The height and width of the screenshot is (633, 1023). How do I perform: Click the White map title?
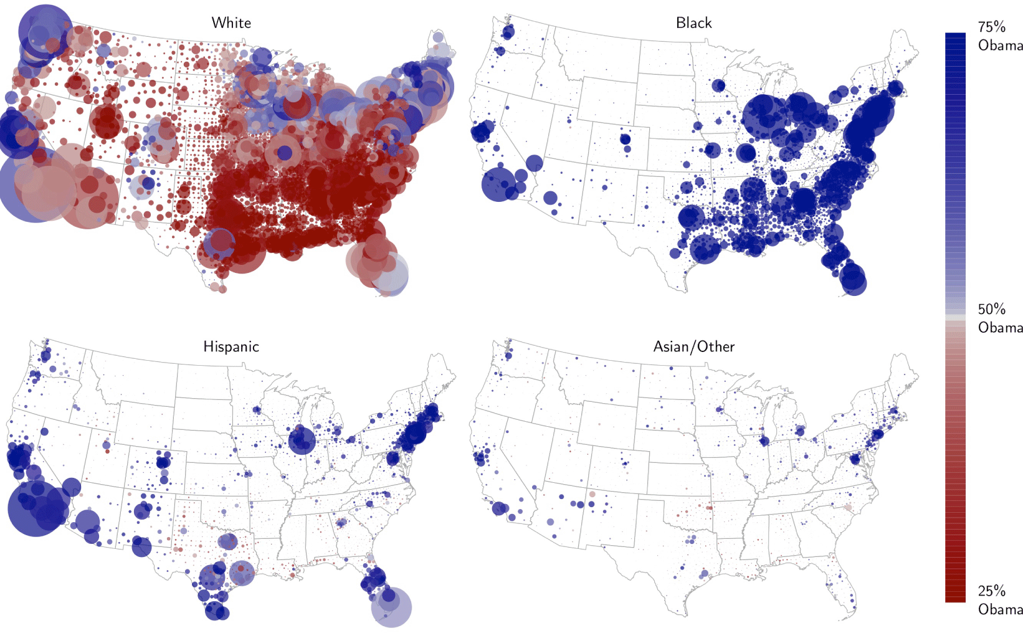click(x=231, y=23)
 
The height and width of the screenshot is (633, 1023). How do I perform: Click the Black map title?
click(x=693, y=23)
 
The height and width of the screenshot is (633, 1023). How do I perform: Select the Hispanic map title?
click(x=231, y=347)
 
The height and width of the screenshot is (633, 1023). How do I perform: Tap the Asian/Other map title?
click(x=693, y=347)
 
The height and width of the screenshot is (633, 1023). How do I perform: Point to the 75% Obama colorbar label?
click(x=999, y=36)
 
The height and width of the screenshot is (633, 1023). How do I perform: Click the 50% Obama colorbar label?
click(x=999, y=318)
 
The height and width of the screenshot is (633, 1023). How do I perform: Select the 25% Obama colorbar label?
click(x=999, y=600)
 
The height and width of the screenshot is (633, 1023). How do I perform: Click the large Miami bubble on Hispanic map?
click(x=391, y=607)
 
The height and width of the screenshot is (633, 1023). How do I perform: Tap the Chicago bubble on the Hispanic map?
click(x=302, y=440)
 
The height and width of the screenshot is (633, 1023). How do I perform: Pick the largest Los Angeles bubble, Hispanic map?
click(x=36, y=508)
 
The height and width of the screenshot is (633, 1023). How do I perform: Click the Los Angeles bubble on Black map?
click(x=498, y=184)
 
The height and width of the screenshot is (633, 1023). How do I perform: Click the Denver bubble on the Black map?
click(x=626, y=140)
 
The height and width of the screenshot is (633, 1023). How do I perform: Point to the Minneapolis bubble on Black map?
click(x=718, y=85)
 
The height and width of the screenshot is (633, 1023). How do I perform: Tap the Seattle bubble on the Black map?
click(x=508, y=32)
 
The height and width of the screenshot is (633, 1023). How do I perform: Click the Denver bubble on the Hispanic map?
click(x=163, y=462)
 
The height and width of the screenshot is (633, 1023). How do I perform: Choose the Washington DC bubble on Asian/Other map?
click(x=855, y=459)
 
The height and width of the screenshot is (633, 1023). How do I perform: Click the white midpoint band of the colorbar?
click(x=955, y=318)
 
